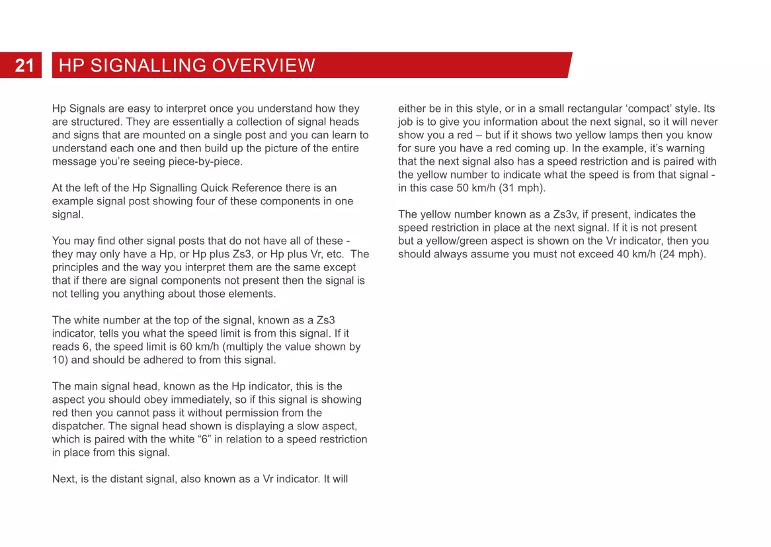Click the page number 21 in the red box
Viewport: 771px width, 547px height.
coord(24,65)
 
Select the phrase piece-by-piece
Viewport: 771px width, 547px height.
coord(210,161)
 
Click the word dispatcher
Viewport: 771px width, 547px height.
coord(79,426)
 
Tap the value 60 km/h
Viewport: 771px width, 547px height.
coord(199,347)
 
